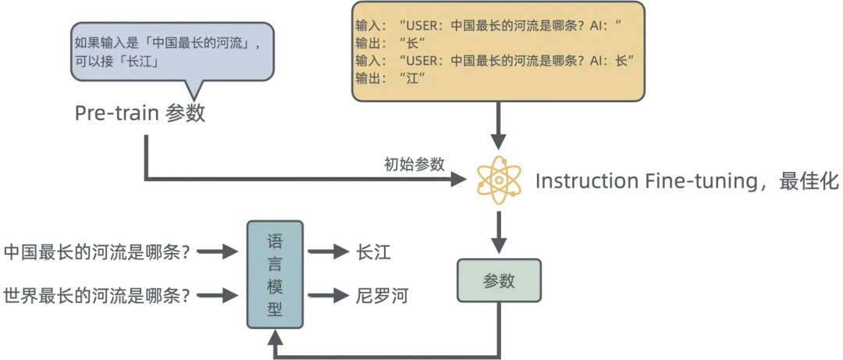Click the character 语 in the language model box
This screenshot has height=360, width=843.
(x=275, y=241)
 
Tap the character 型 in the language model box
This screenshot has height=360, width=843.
(x=275, y=309)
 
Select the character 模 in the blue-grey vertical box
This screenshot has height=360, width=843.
(x=275, y=286)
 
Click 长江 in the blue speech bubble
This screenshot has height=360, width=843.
(x=148, y=62)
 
